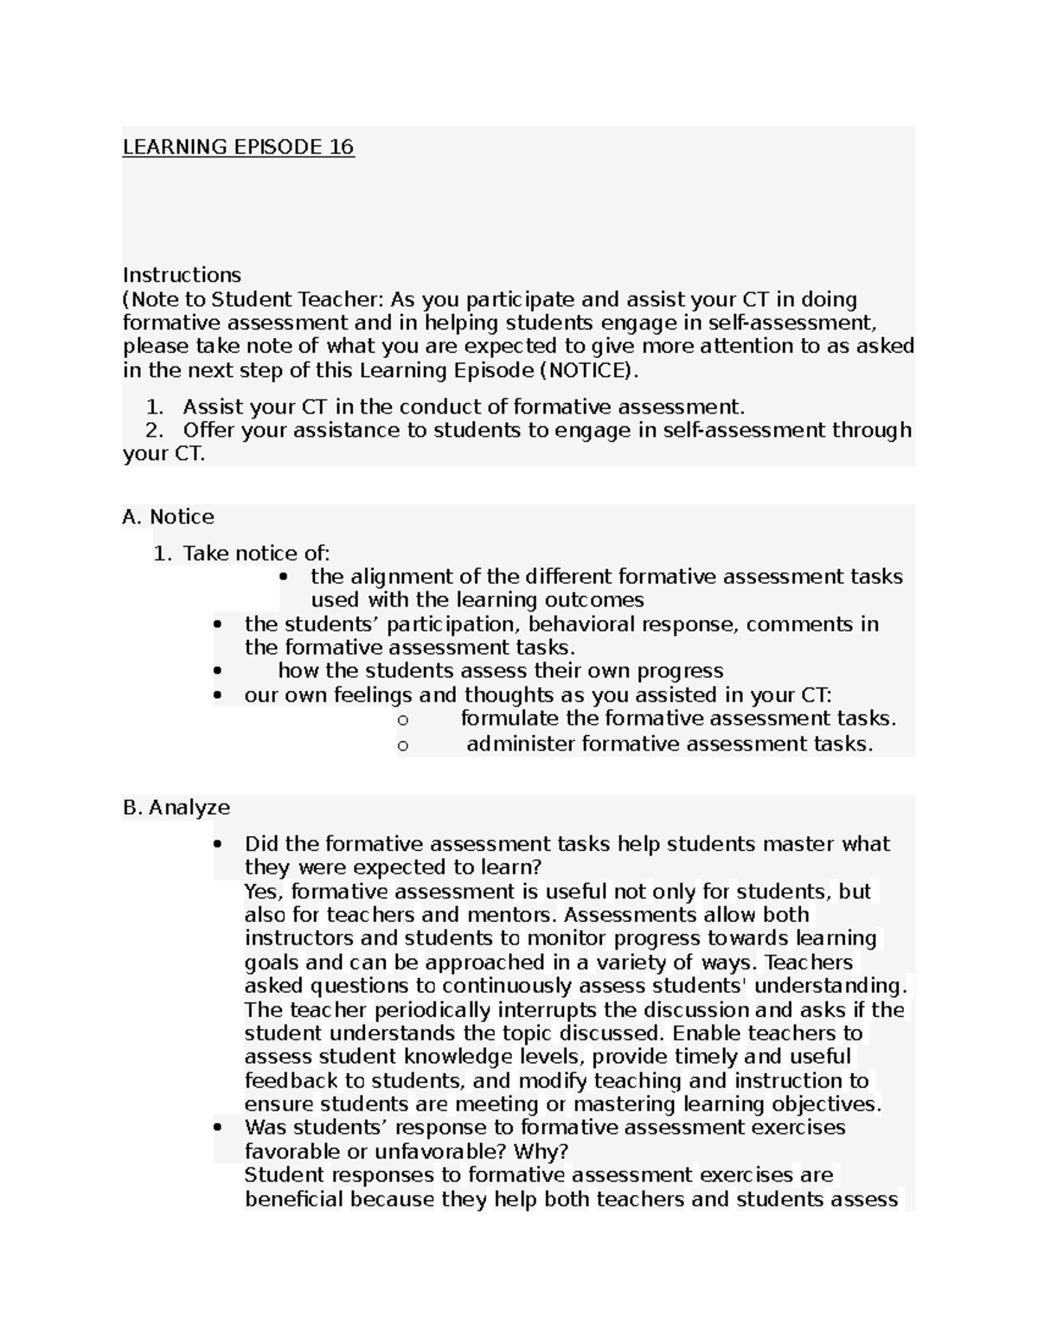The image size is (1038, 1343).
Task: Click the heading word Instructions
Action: (x=182, y=275)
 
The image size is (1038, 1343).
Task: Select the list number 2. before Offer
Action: (x=154, y=431)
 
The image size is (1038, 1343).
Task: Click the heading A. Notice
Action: (x=168, y=517)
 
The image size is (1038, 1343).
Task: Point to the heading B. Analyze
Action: (x=176, y=808)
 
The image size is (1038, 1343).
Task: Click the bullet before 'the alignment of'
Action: (x=285, y=578)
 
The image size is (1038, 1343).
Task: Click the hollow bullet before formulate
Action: (x=402, y=720)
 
